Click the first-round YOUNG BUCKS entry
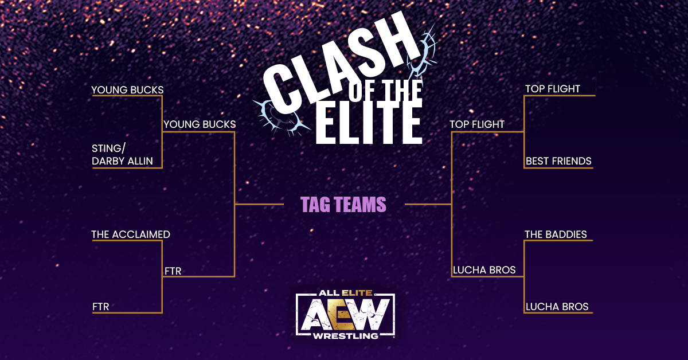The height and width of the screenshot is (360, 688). (127, 89)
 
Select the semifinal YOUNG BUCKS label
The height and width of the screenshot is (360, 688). (200, 124)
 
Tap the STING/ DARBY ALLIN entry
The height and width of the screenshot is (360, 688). (122, 155)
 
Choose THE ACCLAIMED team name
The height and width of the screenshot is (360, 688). (131, 234)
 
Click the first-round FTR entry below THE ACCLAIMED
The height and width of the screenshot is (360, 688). (101, 307)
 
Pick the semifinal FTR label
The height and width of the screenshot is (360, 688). (173, 271)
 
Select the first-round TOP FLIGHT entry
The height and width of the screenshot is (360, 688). (553, 89)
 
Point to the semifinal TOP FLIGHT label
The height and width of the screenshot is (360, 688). (477, 124)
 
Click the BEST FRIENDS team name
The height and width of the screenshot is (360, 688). (558, 161)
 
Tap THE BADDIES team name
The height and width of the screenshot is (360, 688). (556, 234)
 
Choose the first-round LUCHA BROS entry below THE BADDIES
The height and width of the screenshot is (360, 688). (557, 307)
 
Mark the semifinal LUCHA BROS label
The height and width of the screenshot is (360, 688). (484, 269)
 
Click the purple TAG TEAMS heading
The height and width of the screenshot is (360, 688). (343, 205)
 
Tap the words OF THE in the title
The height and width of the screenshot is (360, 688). (385, 91)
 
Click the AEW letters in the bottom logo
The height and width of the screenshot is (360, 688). (345, 315)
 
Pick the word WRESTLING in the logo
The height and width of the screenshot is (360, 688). (345, 336)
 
